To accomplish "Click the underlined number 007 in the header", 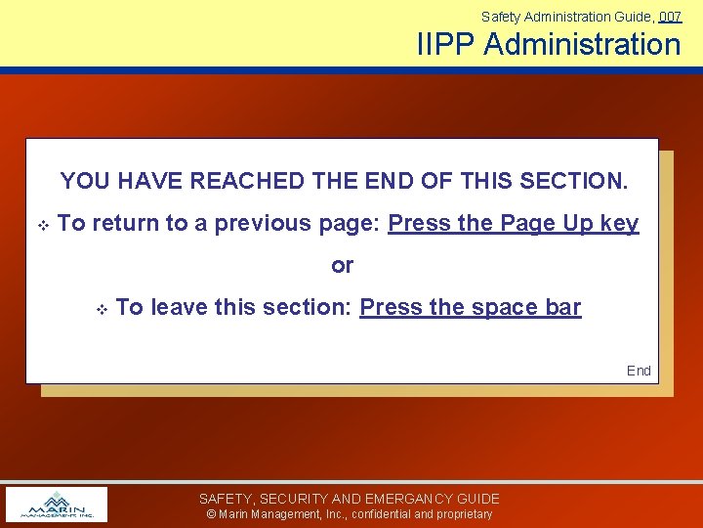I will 670,17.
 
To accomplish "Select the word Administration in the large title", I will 582,45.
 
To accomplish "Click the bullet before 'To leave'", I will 101,309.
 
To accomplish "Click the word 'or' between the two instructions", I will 343,265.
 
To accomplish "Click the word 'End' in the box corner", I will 639,371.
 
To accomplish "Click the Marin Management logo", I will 57,505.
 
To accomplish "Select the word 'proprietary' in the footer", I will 463,514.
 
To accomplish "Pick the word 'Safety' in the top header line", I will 500,17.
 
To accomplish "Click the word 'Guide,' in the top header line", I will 636,17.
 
